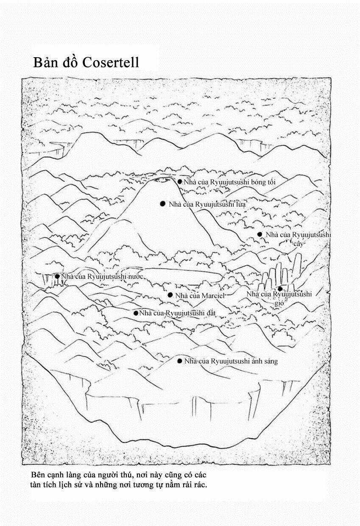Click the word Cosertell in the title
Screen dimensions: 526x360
tap(111, 62)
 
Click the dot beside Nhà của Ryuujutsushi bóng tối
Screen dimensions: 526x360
tap(180, 181)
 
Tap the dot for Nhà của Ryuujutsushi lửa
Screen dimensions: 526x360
tap(162, 204)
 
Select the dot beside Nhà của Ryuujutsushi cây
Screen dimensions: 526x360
tap(260, 234)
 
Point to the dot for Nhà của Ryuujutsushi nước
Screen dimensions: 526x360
tap(57, 276)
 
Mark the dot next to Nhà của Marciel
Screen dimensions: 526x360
tap(170, 295)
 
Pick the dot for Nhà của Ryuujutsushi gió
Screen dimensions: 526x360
tap(280, 289)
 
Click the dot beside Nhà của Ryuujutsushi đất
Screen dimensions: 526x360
tap(136, 313)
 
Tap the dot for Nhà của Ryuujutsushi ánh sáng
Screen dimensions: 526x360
tap(180, 361)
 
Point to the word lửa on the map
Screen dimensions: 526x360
tap(240, 204)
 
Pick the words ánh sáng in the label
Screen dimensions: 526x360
tap(263, 362)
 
